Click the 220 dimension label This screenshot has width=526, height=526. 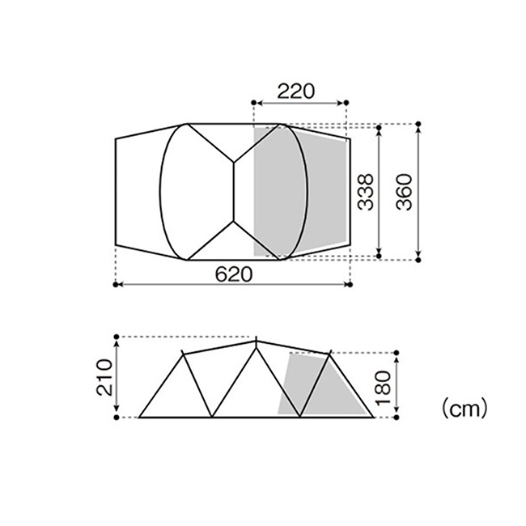click(296, 91)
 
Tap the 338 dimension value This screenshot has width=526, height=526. click(365, 192)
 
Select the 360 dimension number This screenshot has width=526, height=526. click(404, 192)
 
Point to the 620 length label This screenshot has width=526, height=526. click(234, 274)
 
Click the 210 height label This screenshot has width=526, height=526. click(104, 377)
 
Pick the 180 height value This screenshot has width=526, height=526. click(384, 388)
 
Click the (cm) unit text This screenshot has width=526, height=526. click(464, 409)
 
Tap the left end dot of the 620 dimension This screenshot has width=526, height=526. click(116, 285)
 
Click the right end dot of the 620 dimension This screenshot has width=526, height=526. click(350, 285)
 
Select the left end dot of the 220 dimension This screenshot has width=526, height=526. click(254, 103)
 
